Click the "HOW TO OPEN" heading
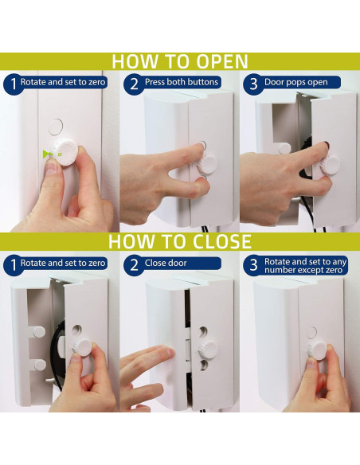coord(180,61)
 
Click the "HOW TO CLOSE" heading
coord(180,241)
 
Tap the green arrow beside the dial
coord(46,154)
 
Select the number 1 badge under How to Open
coord(14,84)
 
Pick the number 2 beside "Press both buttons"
coord(134,84)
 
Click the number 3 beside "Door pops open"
coord(253,84)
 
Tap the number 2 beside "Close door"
coord(134,265)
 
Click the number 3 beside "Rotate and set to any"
coord(253,265)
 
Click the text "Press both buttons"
coord(182,82)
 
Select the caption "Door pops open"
coord(296,82)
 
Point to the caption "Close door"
coord(166,263)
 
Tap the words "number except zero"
coord(303,270)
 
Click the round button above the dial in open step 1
coord(56,127)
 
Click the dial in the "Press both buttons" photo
coord(206,164)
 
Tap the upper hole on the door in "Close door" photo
coord(203,331)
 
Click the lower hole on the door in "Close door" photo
coord(204,365)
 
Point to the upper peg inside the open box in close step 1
coord(38,331)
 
